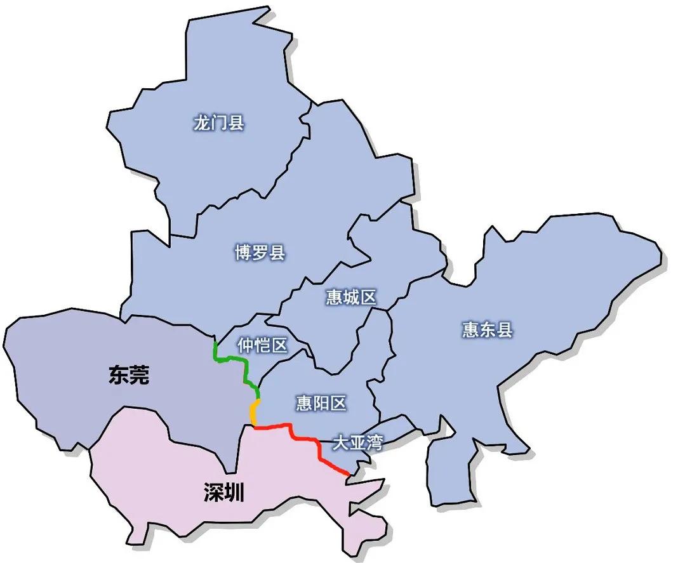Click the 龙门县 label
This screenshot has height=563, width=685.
pos(218,123)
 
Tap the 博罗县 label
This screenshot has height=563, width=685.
pos(260,253)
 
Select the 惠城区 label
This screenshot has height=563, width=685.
pos(351,297)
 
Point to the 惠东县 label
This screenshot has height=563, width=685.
pos(487,329)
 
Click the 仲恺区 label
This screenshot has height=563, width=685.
pos(262,345)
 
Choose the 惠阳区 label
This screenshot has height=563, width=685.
pos(321,402)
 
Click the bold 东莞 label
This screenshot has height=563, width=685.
pos(129,375)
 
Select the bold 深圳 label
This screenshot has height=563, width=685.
pos(224,492)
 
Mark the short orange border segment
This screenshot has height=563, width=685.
pos(253,413)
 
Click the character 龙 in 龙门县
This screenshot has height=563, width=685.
pos(202,123)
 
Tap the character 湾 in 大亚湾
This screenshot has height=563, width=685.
pos(375,443)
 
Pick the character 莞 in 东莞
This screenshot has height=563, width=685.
pos(140,375)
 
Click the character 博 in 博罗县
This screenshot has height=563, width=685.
pos(243,253)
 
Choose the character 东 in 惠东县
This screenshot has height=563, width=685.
pos(487,329)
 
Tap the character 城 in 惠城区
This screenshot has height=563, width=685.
pos(351,297)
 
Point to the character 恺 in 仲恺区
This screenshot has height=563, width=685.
pos(262,345)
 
